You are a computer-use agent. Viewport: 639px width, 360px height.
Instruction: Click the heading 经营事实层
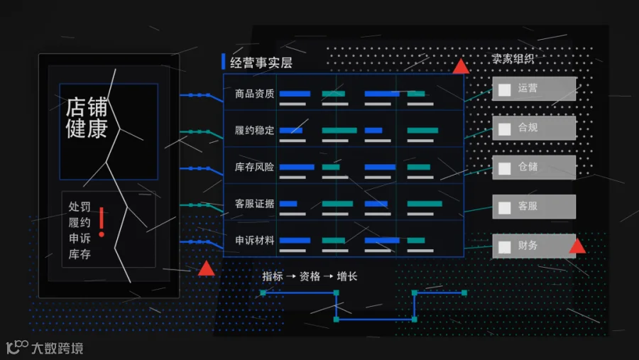(261, 62)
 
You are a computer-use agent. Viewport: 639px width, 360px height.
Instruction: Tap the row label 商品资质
(254, 94)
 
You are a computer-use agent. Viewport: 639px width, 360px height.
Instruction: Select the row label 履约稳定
(254, 131)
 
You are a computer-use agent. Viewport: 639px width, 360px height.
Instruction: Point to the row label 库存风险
(254, 167)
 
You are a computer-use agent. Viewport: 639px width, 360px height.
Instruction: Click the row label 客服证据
(254, 204)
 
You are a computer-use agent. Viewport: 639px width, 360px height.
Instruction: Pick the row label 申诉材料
(254, 241)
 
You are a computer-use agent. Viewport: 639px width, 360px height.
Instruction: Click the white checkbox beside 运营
(505, 89)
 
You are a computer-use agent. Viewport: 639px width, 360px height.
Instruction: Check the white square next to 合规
(505, 129)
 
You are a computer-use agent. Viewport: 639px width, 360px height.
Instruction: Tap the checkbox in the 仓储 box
(505, 168)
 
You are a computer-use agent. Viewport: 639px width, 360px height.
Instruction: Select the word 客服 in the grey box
(528, 206)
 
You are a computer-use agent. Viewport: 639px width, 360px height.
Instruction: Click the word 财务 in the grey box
(528, 246)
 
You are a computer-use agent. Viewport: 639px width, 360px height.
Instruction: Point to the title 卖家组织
(513, 59)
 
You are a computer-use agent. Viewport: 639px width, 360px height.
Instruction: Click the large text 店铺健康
(87, 117)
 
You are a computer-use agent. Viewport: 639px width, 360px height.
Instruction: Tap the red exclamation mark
(102, 222)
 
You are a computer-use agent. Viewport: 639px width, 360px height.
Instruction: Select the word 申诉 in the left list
(80, 238)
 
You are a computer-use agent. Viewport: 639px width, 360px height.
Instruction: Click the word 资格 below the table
(310, 276)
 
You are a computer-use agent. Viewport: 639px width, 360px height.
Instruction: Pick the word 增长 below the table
(346, 276)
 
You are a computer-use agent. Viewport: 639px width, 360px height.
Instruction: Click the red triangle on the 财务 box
(577, 246)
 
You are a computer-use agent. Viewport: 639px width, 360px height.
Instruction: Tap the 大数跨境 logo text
(57, 348)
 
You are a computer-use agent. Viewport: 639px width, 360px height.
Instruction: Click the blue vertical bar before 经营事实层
(224, 62)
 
